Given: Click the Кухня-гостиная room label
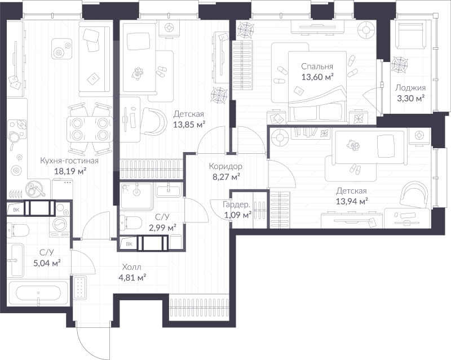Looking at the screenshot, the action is [69, 161].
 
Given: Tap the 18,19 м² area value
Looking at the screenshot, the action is [70, 171].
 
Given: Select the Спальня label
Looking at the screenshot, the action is [317, 66].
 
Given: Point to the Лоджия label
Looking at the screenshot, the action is [410, 88].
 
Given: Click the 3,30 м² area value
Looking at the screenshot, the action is [411, 99].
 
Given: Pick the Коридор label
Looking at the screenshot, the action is [225, 166].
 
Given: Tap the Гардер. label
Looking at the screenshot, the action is [236, 205].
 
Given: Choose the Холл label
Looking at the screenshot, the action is [132, 267].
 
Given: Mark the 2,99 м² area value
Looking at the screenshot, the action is [162, 228].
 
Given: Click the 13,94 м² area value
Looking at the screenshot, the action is [352, 201].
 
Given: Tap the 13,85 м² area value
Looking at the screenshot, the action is [189, 125].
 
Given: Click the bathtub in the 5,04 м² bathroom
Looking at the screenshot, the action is [38, 294].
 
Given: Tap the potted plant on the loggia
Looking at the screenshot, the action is [399, 64].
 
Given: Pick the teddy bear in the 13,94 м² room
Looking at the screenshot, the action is [353, 145].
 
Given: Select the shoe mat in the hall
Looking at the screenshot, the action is [80, 287].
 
